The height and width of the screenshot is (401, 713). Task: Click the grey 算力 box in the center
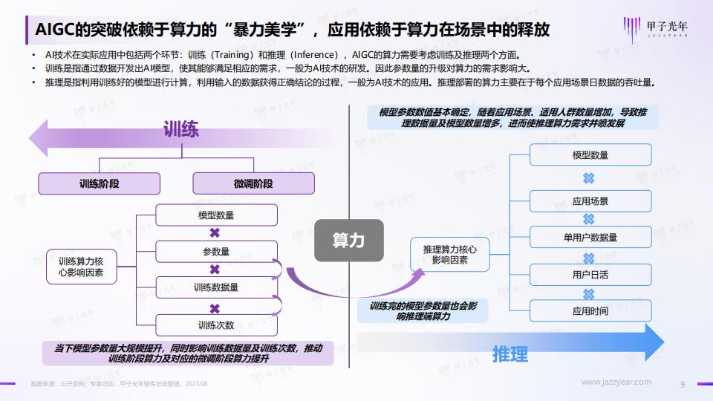(349, 240)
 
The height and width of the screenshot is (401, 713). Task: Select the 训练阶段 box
(99, 183)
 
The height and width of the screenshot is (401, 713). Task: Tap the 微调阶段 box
(253, 183)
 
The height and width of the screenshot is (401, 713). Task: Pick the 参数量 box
(216, 252)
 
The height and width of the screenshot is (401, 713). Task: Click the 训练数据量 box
(216, 287)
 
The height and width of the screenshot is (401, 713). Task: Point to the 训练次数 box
(216, 325)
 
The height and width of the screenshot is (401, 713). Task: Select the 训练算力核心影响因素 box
(82, 267)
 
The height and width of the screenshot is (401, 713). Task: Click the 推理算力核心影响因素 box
(450, 255)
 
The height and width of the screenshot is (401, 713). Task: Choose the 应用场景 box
(590, 201)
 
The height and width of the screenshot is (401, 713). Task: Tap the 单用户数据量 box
(590, 238)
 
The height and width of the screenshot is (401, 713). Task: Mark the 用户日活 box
(590, 275)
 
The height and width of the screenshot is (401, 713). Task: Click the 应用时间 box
(590, 311)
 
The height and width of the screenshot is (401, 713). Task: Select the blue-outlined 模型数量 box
(590, 154)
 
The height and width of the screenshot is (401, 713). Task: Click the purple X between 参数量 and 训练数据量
(215, 269)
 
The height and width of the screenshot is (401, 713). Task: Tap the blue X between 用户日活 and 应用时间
(589, 294)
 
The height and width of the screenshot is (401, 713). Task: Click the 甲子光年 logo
(655, 29)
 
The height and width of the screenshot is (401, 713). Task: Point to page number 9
(683, 384)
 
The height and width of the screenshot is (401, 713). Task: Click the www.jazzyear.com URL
(616, 382)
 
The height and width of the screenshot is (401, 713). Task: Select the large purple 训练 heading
(181, 129)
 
